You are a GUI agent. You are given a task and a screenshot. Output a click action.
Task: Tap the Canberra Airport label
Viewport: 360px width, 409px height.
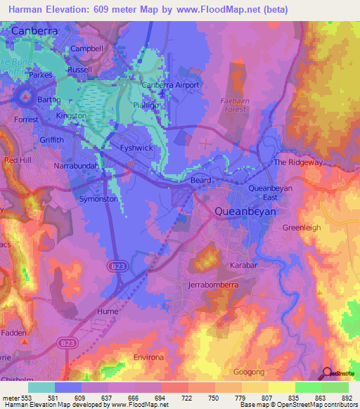[x=171, y=85]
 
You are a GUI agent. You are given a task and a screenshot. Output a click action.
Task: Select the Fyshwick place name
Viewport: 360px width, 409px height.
[x=137, y=148]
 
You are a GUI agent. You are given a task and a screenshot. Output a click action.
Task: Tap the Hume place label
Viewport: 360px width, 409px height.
[x=108, y=310]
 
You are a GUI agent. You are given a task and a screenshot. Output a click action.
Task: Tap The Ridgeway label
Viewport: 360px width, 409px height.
[x=297, y=162]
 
